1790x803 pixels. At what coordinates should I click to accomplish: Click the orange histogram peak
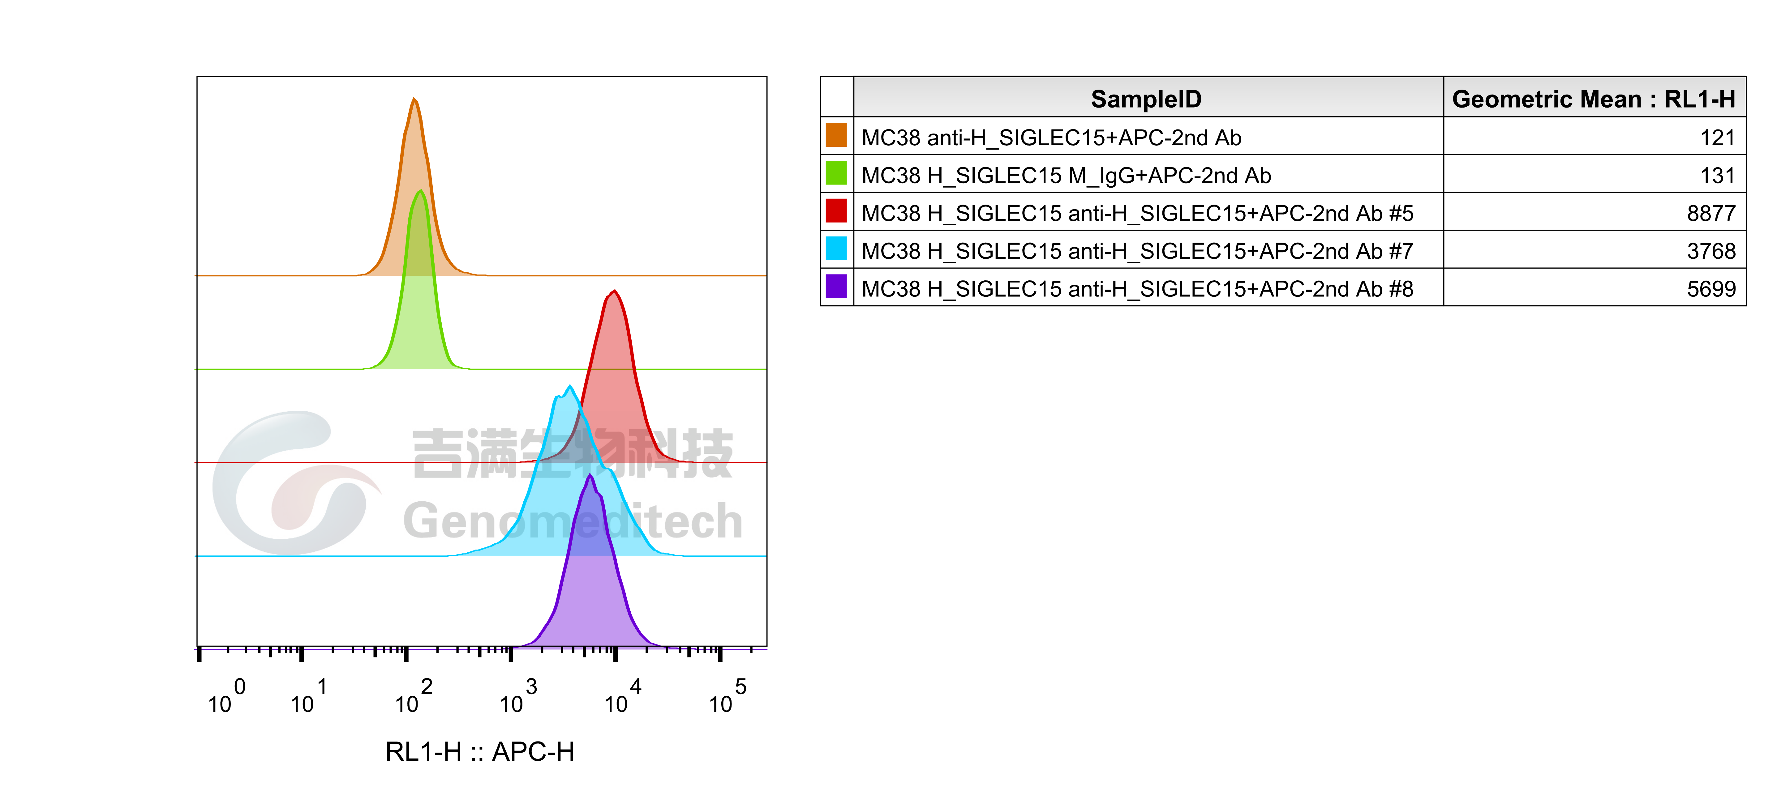(414, 100)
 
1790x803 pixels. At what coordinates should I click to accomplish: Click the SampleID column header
(1146, 99)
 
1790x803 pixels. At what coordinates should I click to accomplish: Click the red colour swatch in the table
(836, 210)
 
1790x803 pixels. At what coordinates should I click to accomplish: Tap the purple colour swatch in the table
(836, 286)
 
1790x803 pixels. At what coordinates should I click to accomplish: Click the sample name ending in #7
(1138, 251)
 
